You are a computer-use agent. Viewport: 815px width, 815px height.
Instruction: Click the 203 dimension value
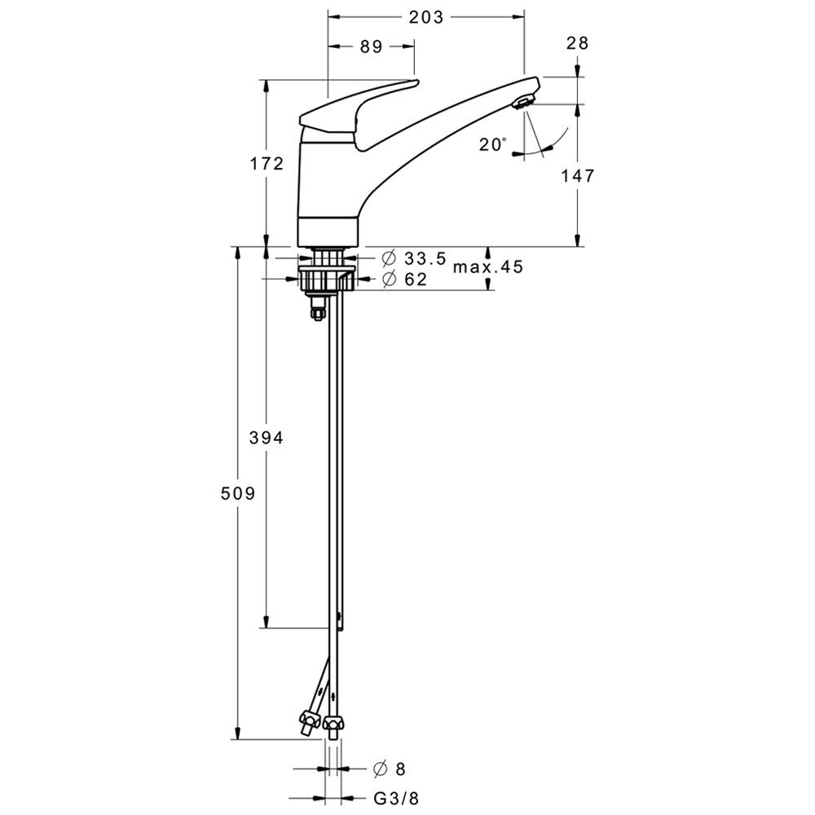(x=425, y=17)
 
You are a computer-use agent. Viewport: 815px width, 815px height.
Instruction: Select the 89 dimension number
(x=371, y=46)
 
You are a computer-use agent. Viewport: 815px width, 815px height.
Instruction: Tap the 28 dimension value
(x=578, y=42)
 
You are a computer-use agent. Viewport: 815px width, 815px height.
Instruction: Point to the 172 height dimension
(x=267, y=164)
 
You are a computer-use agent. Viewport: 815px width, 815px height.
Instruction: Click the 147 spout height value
(x=577, y=176)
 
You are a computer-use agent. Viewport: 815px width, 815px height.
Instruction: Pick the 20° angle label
(x=492, y=144)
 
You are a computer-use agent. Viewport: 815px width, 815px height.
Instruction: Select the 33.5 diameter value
(x=425, y=258)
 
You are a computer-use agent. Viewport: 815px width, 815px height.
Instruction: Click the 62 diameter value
(x=416, y=280)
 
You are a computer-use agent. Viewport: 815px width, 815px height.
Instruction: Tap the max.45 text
(x=488, y=267)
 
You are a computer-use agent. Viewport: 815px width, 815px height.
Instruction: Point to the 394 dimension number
(x=267, y=438)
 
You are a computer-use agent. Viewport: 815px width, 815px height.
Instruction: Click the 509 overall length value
(x=238, y=493)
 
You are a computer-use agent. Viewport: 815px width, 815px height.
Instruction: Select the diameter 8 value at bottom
(x=399, y=769)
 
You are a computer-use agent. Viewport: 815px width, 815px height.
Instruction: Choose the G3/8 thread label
(x=396, y=799)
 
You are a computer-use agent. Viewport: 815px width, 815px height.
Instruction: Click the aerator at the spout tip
(x=523, y=101)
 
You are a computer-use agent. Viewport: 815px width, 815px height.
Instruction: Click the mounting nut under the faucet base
(x=327, y=278)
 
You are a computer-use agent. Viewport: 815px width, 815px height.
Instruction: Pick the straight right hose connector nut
(x=333, y=722)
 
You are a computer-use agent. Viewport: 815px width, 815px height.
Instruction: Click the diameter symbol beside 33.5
(x=389, y=258)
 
